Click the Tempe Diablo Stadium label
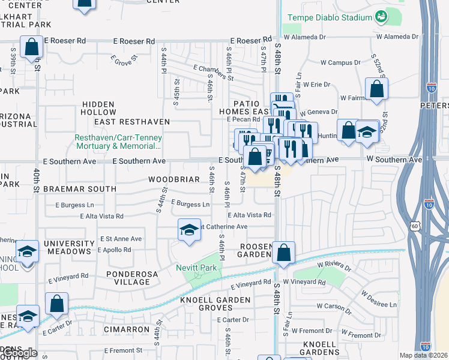[330, 17]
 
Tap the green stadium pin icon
[380, 16]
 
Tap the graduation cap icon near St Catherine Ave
[189, 230]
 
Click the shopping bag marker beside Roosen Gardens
[283, 253]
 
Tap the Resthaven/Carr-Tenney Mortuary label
[118, 141]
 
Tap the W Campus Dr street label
[340, 62]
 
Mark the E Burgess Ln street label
[190, 204]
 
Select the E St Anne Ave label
[121, 238]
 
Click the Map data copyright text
[424, 355]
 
